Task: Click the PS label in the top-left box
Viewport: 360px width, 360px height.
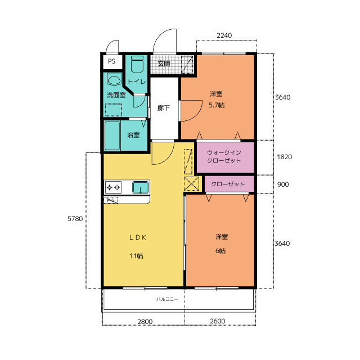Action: pos(111,61)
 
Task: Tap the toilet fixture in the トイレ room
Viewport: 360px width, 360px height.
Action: pos(137,65)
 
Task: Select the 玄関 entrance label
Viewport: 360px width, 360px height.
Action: pos(164,64)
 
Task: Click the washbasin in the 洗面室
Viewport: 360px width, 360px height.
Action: pos(114,79)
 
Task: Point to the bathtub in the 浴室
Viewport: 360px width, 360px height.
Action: pos(112,136)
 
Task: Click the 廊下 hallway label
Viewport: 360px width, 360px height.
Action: pos(164,108)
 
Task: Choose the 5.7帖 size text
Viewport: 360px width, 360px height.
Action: pos(217,105)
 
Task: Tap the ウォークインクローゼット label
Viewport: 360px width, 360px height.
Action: pos(224,156)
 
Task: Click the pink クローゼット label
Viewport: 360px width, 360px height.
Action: pos(228,184)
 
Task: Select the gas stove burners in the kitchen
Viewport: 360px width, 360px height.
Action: pos(113,187)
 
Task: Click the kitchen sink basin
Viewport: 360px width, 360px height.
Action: pos(140,187)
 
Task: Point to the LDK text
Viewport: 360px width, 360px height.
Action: pos(137,237)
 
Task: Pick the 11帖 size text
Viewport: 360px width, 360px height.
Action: pos(136,256)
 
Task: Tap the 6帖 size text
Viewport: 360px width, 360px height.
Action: pos(220,251)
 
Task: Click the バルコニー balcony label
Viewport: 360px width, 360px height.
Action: pos(167,299)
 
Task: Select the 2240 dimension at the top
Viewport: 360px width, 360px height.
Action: pos(224,35)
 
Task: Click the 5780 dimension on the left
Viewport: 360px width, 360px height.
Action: pos(75,219)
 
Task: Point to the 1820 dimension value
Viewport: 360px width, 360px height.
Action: pos(285,157)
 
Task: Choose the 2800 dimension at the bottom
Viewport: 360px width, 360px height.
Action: pos(145,322)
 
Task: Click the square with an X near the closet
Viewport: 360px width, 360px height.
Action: pos(191,183)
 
